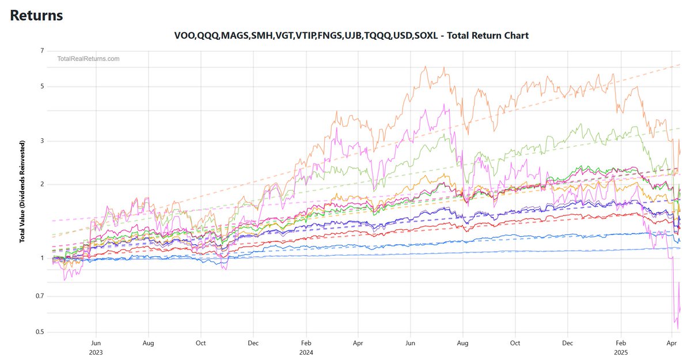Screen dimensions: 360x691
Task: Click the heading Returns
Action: pos(37,16)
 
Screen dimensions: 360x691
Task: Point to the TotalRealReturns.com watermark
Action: pos(88,59)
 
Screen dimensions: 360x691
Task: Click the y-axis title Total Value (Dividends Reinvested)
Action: pos(22,191)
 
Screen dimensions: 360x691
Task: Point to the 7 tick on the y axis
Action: pos(42,51)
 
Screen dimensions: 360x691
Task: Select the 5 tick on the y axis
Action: pos(42,87)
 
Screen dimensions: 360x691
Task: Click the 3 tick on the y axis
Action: pos(42,141)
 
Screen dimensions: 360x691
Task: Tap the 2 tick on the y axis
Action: pos(42,184)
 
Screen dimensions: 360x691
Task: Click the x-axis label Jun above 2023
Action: pos(96,342)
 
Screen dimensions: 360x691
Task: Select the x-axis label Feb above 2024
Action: pos(306,342)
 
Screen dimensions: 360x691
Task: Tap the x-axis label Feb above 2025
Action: pos(621,342)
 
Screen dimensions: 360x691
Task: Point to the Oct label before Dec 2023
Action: pos(201,342)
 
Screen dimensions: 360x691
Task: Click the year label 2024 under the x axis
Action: pos(306,351)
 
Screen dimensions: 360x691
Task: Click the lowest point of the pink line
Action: pos(678,329)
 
